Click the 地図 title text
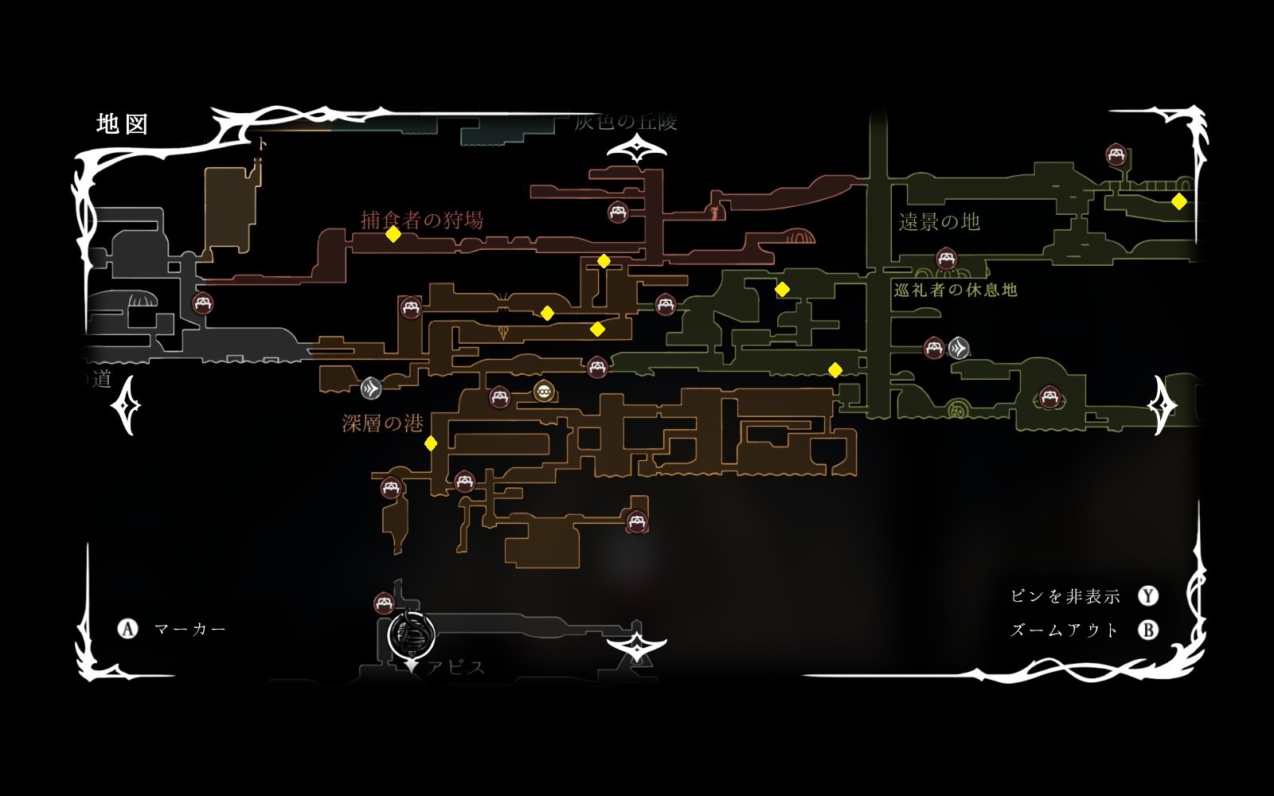[x=122, y=124]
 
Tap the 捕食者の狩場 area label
[x=421, y=220]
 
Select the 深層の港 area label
[x=382, y=423]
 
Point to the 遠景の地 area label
[x=939, y=222]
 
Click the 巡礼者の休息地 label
[x=955, y=290]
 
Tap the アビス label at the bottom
[x=455, y=667]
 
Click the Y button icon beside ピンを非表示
[x=1148, y=596]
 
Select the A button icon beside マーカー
[x=127, y=629]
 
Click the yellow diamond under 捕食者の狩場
[x=393, y=234]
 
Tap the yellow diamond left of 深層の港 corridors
[x=431, y=443]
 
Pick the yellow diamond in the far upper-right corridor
[x=1178, y=202]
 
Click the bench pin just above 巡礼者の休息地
[x=945, y=259]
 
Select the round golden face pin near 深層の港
[x=544, y=392]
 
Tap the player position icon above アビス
[x=411, y=634]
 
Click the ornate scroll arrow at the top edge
[x=636, y=149]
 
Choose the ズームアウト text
[x=1064, y=630]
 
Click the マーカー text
[x=190, y=629]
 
